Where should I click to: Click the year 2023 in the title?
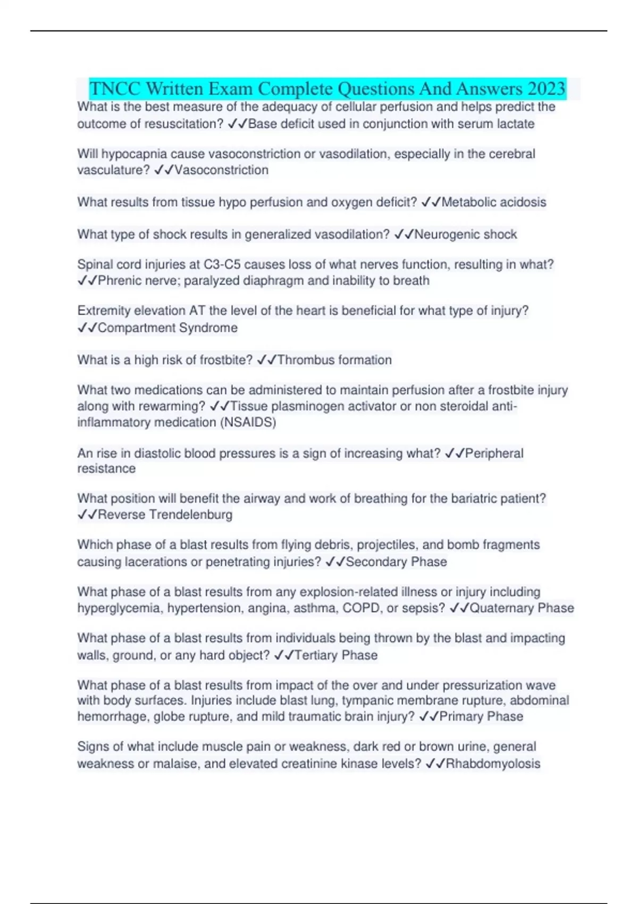pyautogui.click(x=547, y=88)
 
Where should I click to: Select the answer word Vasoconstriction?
pyautogui.click(x=221, y=170)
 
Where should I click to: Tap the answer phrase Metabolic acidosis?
pyautogui.click(x=494, y=202)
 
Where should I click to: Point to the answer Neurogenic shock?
pyautogui.click(x=465, y=235)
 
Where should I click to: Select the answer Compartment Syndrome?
pyautogui.click(x=167, y=328)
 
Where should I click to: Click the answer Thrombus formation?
pyautogui.click(x=334, y=360)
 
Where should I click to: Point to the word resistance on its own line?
pyautogui.click(x=106, y=468)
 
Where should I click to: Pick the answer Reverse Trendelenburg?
pyautogui.click(x=165, y=515)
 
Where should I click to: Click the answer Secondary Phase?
pyautogui.click(x=396, y=562)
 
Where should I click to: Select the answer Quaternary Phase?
pyautogui.click(x=522, y=608)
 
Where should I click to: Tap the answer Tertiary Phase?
pyautogui.click(x=335, y=655)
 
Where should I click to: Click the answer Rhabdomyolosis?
pyautogui.click(x=493, y=764)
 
